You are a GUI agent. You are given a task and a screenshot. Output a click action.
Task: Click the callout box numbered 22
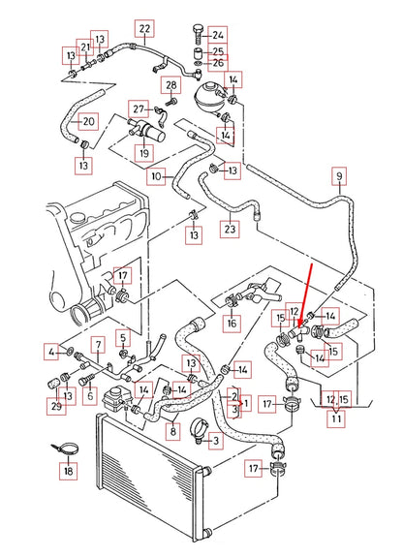(x=144, y=28)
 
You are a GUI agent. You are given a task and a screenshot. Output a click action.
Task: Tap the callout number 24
(x=218, y=34)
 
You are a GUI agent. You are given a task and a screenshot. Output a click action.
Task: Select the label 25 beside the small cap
(x=218, y=50)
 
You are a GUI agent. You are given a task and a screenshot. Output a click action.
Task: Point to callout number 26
(x=218, y=64)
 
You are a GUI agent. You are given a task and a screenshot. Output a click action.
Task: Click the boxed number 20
(x=87, y=121)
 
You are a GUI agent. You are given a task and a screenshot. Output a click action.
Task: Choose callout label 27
(x=139, y=108)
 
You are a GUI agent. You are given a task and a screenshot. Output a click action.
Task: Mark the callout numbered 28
(x=171, y=86)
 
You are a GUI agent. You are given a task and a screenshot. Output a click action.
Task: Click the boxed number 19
(x=143, y=152)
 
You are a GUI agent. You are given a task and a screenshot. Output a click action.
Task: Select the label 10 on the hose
(x=157, y=176)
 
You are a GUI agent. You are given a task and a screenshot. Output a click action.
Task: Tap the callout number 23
(x=229, y=230)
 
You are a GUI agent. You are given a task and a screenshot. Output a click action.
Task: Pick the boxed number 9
(x=338, y=176)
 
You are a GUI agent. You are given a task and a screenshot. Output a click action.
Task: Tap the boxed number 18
(x=67, y=471)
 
